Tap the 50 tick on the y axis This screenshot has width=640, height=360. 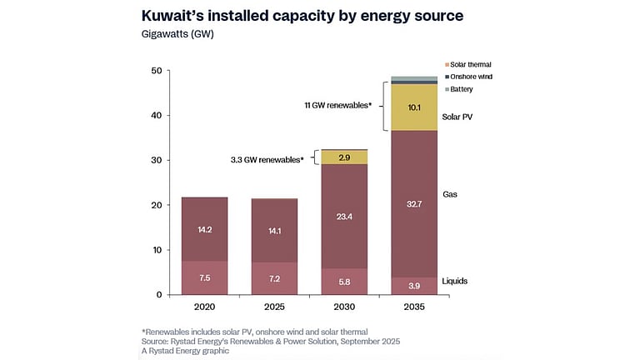point(155,71)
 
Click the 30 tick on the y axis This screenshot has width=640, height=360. point(155,160)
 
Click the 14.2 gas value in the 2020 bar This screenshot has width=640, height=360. point(204,229)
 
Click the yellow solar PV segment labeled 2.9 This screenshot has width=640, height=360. point(344,157)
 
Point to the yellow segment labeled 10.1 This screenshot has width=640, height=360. point(414,107)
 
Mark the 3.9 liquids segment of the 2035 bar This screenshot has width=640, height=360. point(414,286)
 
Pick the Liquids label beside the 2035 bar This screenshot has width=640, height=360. point(454,281)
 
